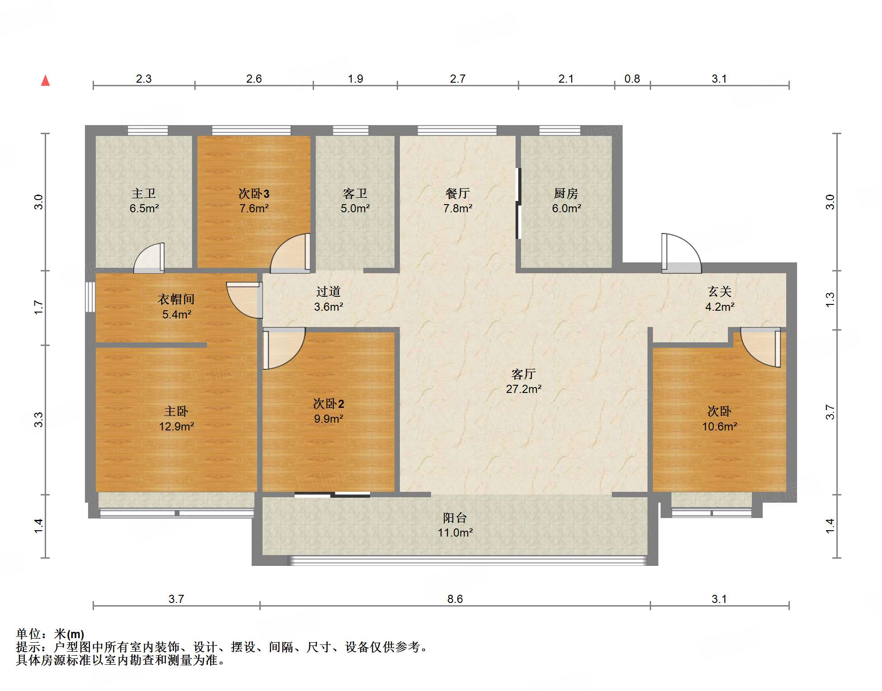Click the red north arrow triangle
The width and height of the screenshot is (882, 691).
pos(45,80)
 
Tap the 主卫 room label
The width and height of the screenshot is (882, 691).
pos(144,194)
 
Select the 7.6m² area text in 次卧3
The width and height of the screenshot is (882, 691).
pos(254,209)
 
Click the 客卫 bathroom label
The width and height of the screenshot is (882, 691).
pos(355,194)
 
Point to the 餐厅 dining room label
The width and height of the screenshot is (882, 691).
pos(457,194)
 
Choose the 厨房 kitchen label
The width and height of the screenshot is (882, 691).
pos(566,194)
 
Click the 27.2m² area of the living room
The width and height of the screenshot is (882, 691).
pos(524,389)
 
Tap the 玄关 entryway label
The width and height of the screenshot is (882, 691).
pos(720,292)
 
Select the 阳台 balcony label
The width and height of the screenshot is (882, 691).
pos(455,518)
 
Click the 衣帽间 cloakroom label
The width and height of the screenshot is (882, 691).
pos(176,299)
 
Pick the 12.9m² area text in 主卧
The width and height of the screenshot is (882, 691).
pos(176,427)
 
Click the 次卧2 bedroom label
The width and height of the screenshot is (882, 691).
pos(328,404)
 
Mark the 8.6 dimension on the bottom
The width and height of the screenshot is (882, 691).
pos(455,599)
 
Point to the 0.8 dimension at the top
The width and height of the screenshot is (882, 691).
pos(632,79)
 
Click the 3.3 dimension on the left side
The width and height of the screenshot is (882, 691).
pos(39,420)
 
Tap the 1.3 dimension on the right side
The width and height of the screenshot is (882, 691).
pos(830,300)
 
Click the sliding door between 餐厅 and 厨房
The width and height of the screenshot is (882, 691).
pos(519,203)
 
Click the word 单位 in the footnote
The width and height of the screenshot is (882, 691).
pos(28,634)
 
